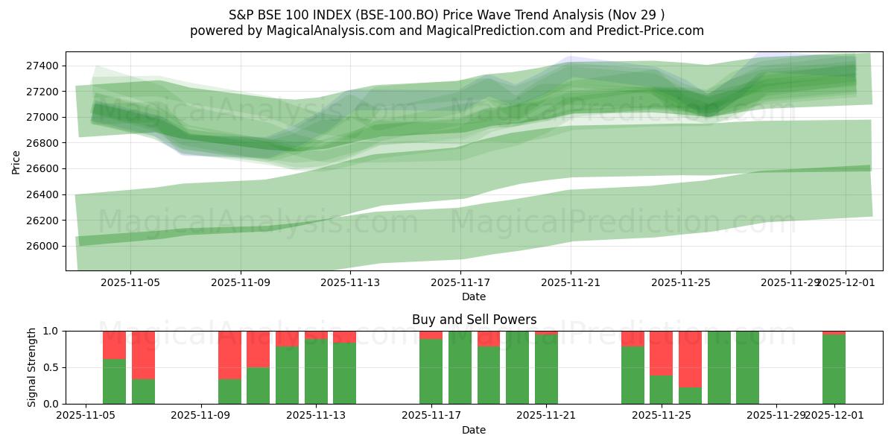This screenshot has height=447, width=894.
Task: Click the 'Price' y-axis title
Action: [16, 161]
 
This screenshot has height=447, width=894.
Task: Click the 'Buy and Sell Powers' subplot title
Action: [474, 320]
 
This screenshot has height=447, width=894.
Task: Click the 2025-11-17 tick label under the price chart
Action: [460, 283]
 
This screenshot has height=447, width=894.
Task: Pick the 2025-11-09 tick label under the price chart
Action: [241, 283]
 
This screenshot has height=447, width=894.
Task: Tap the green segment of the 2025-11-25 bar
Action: [661, 390]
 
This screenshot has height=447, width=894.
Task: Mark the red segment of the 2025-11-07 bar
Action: [143, 355]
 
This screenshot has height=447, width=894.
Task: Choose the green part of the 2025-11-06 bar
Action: [114, 381]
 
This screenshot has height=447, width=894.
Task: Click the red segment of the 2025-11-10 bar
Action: [229, 355]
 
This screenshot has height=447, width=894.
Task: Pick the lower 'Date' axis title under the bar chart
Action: [474, 430]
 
